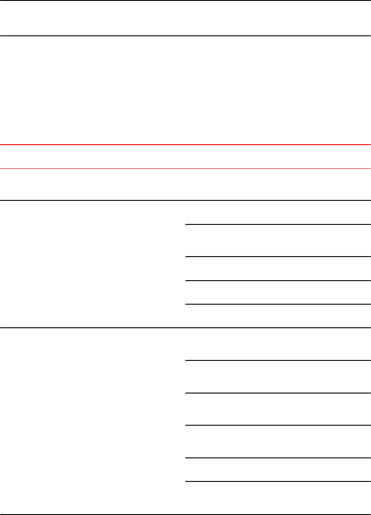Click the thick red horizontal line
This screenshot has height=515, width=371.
coord(185,145)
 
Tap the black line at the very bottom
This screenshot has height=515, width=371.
coord(185,514)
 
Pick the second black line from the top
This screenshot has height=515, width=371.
coord(185,36)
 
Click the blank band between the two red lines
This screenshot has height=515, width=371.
coord(185,157)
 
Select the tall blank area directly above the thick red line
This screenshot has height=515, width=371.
coord(185,90)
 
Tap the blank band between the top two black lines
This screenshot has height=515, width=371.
coord(185,18)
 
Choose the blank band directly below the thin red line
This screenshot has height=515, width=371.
coord(185,185)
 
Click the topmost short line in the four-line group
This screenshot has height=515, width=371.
coord(277,224)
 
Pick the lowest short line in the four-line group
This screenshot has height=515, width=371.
coord(277,304)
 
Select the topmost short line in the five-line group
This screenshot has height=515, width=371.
coord(277,360)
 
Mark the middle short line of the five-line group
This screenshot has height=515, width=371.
coord(277,425)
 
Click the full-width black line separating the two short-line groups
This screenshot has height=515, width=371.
coord(185,328)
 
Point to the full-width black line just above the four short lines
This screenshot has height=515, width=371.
coord(185,200)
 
